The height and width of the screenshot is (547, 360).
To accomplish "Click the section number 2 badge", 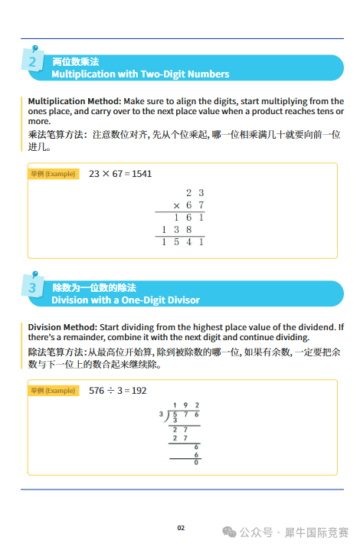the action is coord(32,62).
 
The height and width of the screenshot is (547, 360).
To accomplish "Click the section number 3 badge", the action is coord(32,288).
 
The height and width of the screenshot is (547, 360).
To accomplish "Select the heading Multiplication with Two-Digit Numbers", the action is coord(140,74).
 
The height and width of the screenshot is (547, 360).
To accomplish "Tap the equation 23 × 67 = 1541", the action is coord(120,174).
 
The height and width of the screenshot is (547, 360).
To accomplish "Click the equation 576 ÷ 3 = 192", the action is coord(117,391).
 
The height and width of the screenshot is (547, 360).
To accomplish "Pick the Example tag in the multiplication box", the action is coord(53,174).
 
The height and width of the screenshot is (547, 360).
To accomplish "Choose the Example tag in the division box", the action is coord(53,391).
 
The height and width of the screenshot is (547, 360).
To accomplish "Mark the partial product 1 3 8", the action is coord(177,230).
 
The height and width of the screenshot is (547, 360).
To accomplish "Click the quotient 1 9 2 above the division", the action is coord(185,405).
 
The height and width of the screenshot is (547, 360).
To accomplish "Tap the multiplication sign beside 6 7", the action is coord(176,205).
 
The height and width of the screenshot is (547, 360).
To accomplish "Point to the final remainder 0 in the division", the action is coord(196,462).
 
